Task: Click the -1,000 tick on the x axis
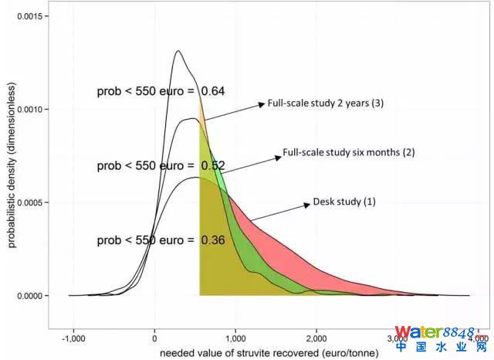coord(73,338)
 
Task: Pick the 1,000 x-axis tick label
coord(235,338)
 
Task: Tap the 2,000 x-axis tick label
coord(316,338)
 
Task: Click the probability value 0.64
coord(213,91)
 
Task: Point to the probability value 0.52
coord(213,165)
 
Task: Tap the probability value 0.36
coord(213,240)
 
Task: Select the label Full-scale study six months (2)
coord(349,152)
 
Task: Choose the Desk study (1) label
coord(344,202)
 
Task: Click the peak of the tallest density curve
coord(178,51)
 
